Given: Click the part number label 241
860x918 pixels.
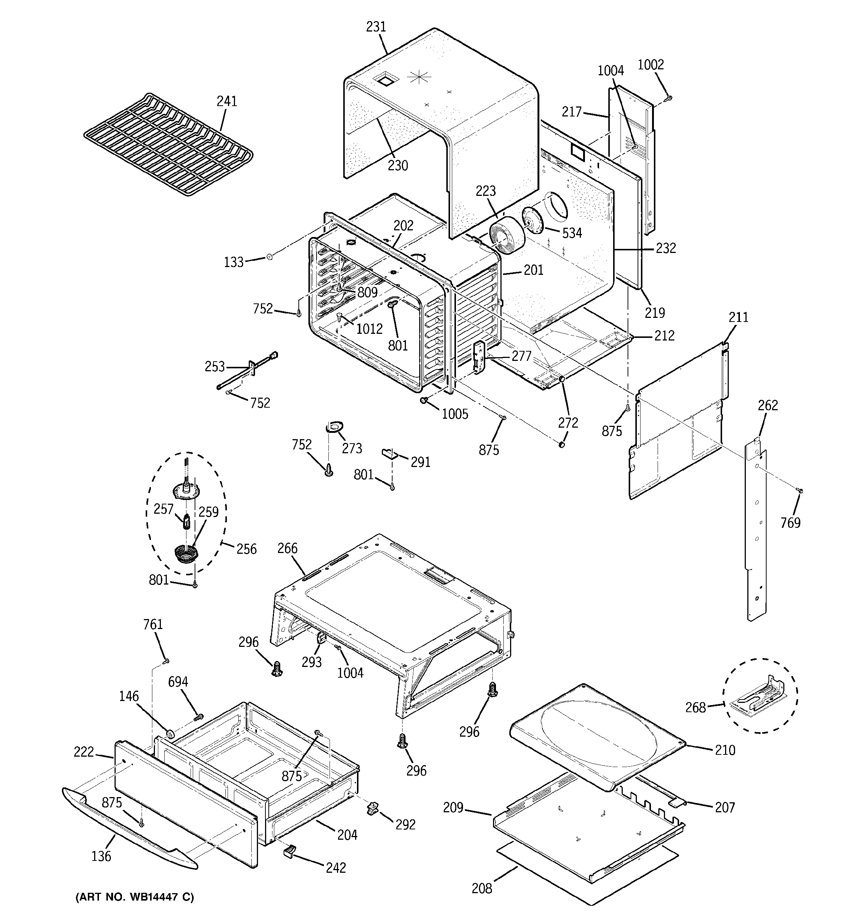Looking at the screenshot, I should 226,101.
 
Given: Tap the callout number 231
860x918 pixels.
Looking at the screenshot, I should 376,27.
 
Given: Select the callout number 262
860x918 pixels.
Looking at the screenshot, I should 768,405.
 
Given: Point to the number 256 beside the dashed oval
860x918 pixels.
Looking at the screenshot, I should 246,549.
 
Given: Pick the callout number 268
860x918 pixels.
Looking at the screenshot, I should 695,707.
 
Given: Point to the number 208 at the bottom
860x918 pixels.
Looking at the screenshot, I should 482,888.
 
